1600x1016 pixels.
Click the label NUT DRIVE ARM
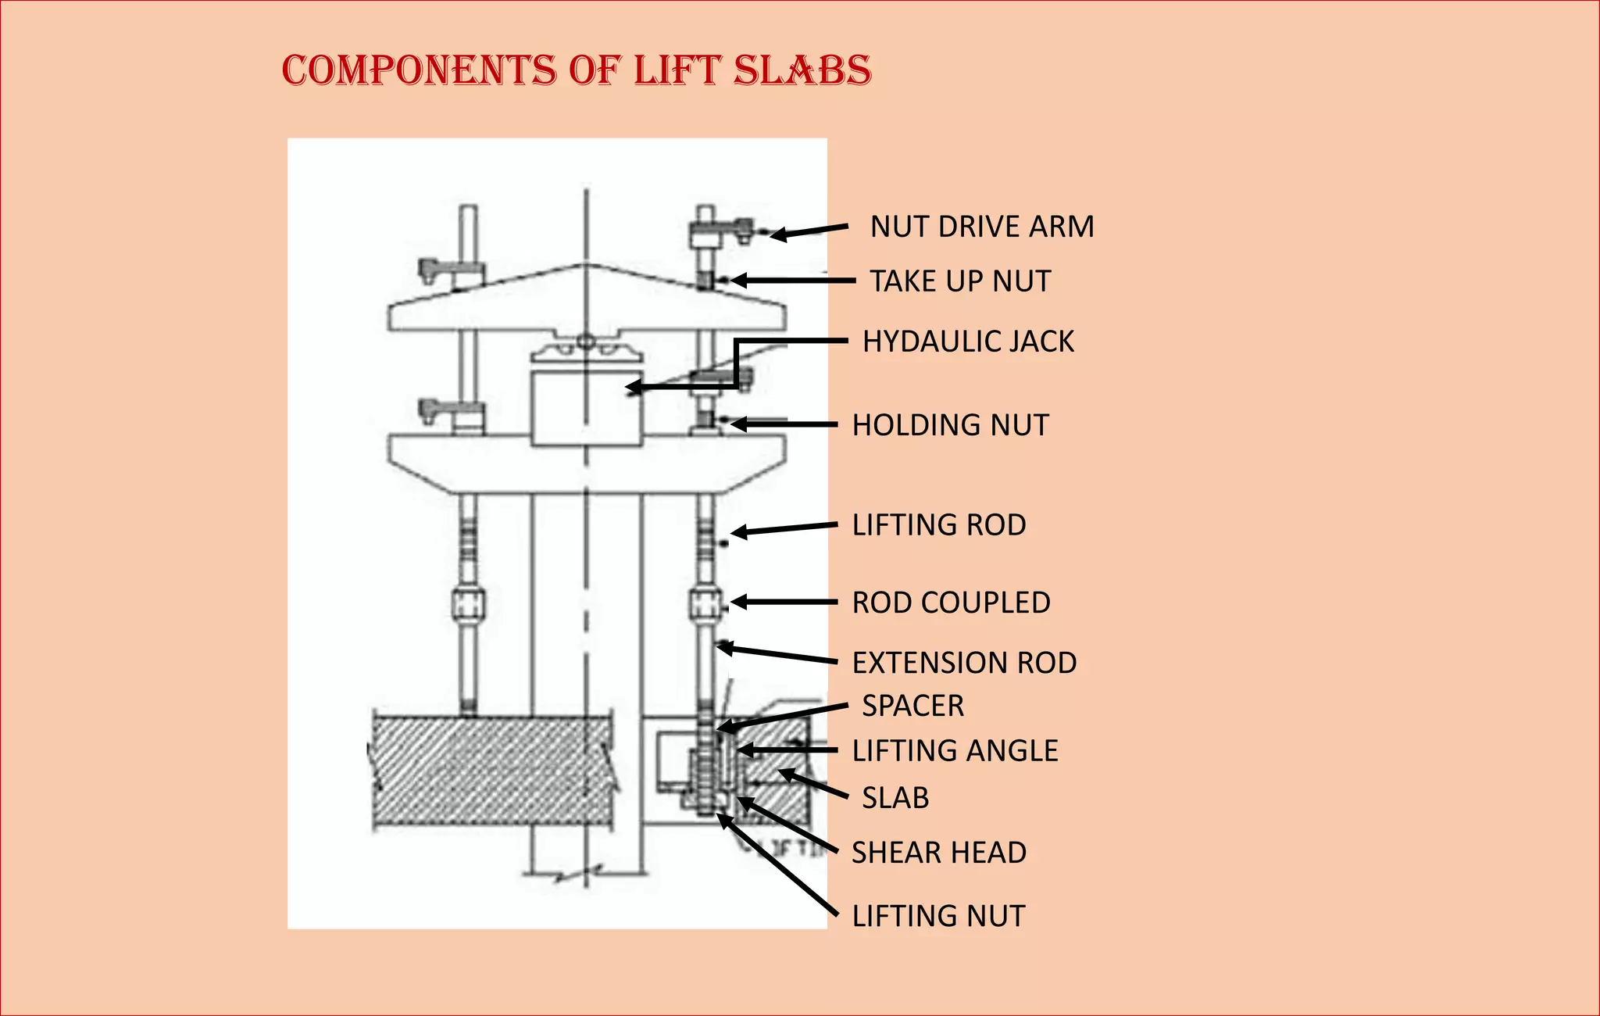point(981,227)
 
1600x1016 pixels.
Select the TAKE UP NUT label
point(960,281)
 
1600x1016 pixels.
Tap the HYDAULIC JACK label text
point(968,342)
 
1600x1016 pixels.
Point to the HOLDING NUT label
point(950,425)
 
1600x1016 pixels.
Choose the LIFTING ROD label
point(938,525)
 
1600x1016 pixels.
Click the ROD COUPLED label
point(951,603)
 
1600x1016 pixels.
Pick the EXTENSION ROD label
point(964,663)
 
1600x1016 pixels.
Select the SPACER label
point(912,706)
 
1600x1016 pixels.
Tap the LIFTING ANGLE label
point(955,751)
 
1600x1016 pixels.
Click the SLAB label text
point(895,798)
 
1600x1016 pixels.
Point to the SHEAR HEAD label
point(938,853)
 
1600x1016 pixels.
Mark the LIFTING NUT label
point(937,916)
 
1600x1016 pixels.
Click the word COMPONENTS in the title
point(419,70)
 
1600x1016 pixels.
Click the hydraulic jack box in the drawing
point(586,406)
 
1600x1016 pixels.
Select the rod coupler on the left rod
point(468,604)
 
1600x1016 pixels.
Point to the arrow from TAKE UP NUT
point(793,281)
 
